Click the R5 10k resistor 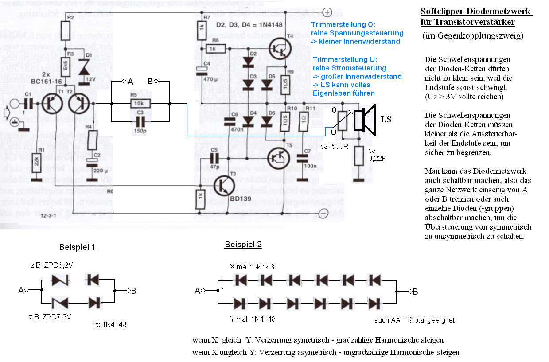pos(140,103)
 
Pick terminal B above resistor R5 pos(156,81)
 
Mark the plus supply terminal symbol pos(327,12)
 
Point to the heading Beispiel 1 pos(77,247)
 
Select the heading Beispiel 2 pos(243,245)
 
